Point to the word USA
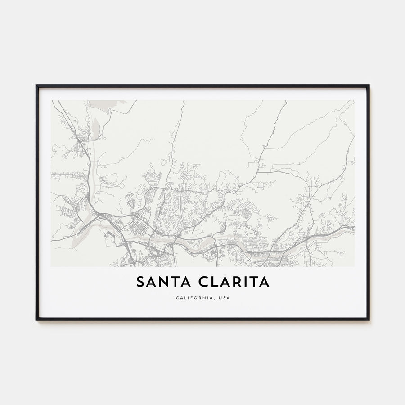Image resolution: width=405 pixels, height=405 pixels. tap(224, 298)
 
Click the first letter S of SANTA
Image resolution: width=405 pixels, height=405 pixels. tap(140, 282)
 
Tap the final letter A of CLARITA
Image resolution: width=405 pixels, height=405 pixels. tap(265, 282)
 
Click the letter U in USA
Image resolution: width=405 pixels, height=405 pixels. tap(219, 298)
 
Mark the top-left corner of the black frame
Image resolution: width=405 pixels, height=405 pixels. tap(36, 85)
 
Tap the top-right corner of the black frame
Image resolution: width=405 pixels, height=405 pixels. tap(369, 85)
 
